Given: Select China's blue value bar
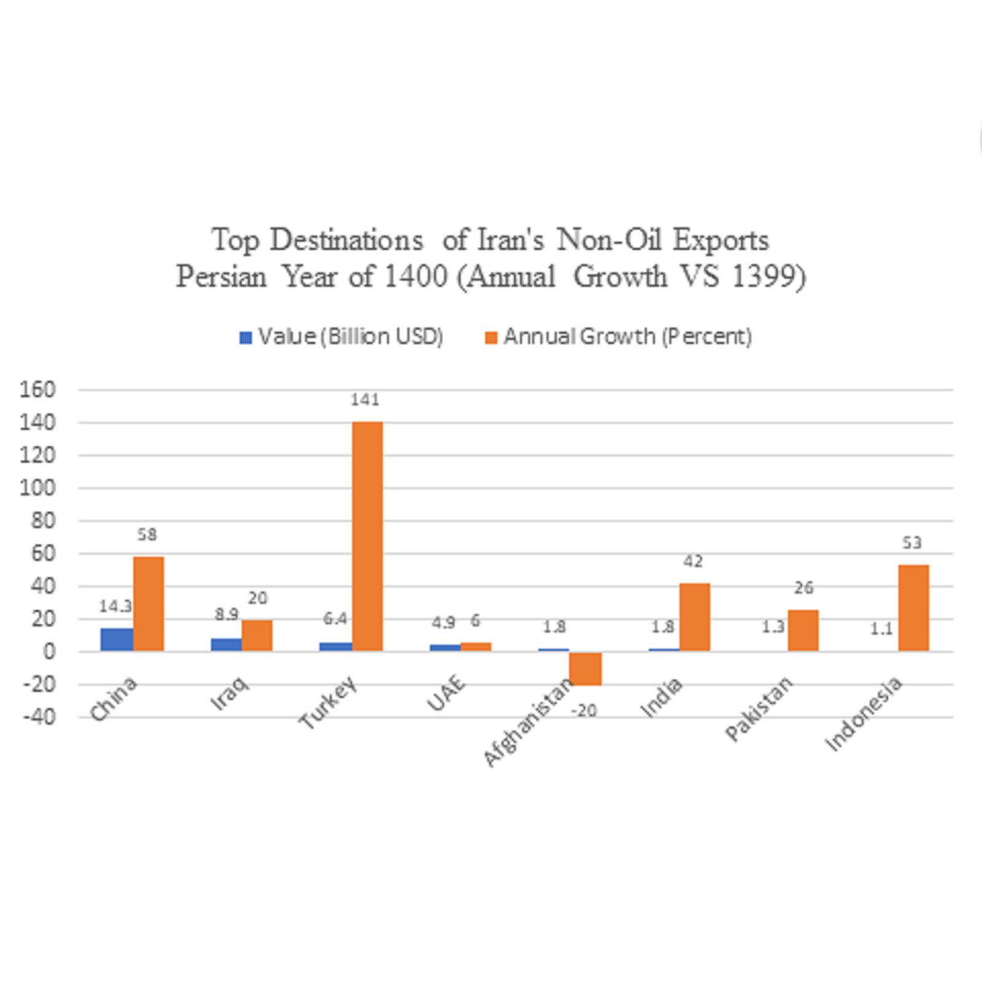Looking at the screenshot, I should [x=117, y=639].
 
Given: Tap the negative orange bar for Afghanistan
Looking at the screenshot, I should [x=585, y=668].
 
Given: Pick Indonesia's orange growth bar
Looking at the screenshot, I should [x=913, y=608].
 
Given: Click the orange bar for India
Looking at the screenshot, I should [x=694, y=617].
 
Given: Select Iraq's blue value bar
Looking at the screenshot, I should [x=226, y=644].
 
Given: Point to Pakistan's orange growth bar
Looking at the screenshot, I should [x=803, y=630].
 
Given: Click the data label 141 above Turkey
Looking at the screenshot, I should [x=365, y=400].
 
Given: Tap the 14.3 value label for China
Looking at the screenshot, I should [x=115, y=606].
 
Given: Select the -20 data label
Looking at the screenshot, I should [x=584, y=711].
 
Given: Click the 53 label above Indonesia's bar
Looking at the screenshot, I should [x=912, y=543].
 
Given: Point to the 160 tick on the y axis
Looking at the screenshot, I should [x=37, y=389].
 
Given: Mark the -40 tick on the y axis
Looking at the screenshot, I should [x=39, y=717].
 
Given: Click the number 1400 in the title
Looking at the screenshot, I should [x=416, y=277].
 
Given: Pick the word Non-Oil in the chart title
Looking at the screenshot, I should [x=609, y=240].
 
